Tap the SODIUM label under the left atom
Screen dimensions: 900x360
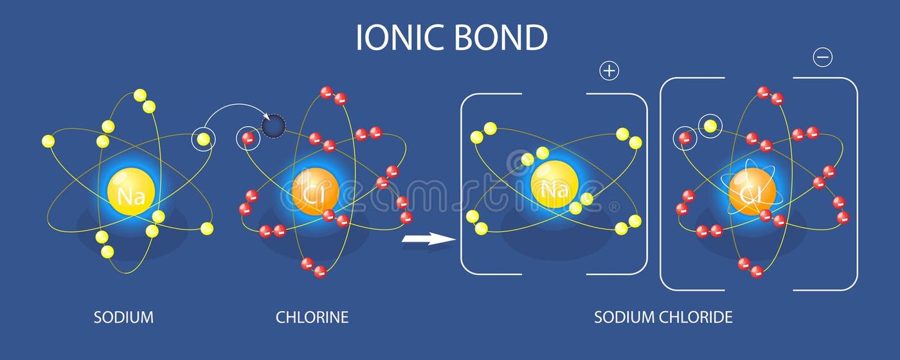point(123,317)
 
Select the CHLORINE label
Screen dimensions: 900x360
point(312,317)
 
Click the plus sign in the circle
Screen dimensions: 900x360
point(609,71)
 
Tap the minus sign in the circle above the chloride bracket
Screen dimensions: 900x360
point(823,58)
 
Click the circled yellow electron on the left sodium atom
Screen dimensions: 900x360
point(203,139)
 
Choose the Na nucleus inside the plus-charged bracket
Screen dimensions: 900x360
point(550,184)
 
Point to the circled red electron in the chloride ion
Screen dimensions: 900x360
point(685,138)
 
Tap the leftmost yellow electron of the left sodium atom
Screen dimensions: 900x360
point(48,141)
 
